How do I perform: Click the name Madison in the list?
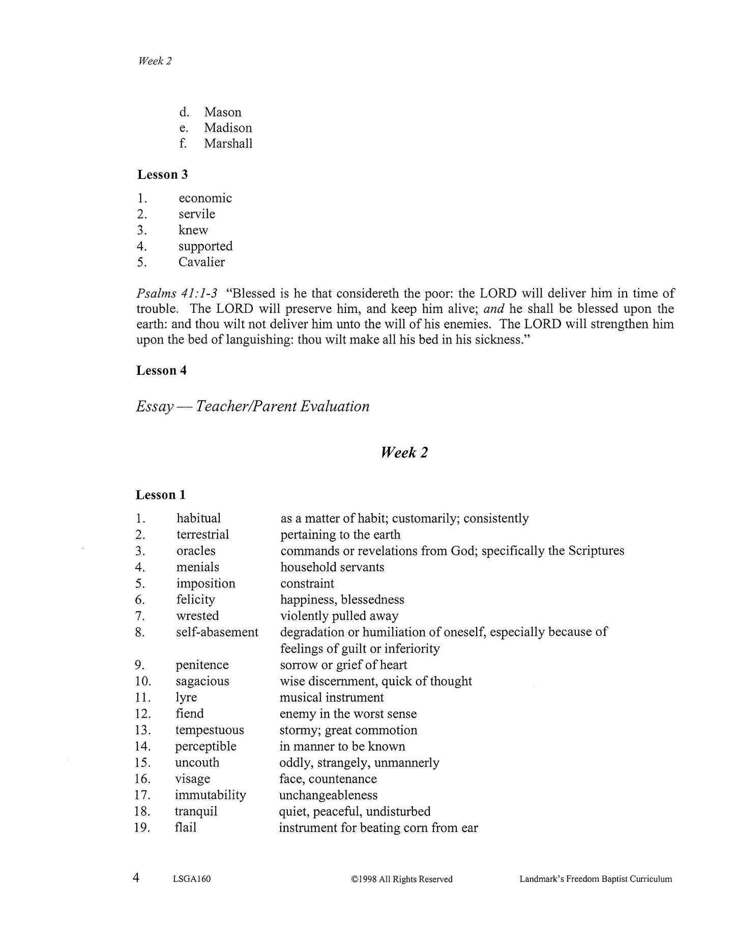click(x=228, y=128)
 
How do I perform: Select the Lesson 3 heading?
click(x=162, y=174)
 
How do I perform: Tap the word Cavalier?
click(x=201, y=262)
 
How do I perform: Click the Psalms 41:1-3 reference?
click(x=177, y=293)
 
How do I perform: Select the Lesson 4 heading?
click(x=161, y=370)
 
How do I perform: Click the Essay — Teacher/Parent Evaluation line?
click(x=252, y=406)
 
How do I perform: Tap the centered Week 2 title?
click(x=404, y=453)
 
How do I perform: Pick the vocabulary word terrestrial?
click(x=202, y=534)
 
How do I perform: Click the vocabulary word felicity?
click(x=195, y=600)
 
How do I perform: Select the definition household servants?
click(x=332, y=567)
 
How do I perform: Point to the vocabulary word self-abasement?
click(x=217, y=632)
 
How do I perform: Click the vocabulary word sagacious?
click(x=202, y=681)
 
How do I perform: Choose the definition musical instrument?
click(x=332, y=697)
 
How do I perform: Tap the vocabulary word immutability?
click(x=210, y=795)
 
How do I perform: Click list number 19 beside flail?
click(x=142, y=827)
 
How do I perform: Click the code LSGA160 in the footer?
click(x=191, y=879)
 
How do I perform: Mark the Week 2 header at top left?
click(x=155, y=61)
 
